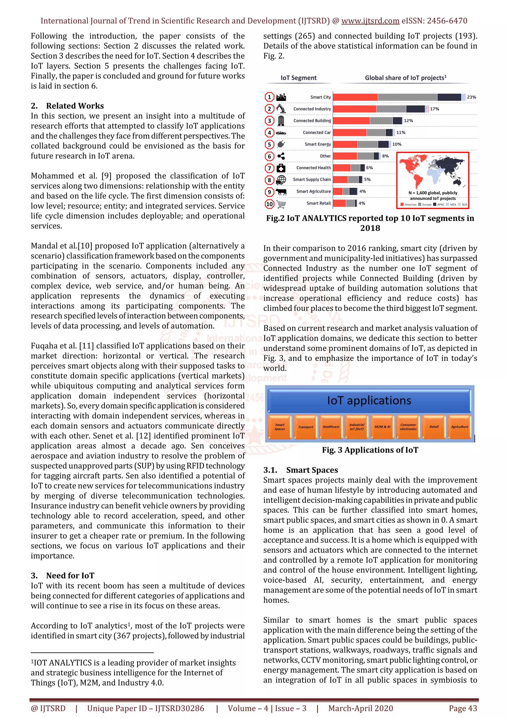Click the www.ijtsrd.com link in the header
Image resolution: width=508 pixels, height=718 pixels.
point(370,21)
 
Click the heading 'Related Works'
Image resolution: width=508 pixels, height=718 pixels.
point(75,106)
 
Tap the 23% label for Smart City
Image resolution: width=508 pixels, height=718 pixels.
point(471,97)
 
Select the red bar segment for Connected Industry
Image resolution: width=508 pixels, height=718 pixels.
point(354,109)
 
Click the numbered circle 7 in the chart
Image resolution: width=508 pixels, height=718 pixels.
point(269,168)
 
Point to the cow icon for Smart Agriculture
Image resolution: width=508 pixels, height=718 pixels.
point(281,192)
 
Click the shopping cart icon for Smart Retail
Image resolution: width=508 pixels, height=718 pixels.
point(281,204)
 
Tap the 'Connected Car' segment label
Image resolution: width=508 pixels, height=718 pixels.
point(317,133)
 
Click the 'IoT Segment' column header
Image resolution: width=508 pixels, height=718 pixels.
point(298,78)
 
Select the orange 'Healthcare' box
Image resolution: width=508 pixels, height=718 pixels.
point(331,427)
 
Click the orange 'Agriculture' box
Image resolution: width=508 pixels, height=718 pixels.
point(459,427)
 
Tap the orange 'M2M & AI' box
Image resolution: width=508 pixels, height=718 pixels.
point(382,427)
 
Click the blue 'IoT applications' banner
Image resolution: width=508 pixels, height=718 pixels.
point(369,401)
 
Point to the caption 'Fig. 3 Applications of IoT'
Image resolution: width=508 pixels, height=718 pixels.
point(370,450)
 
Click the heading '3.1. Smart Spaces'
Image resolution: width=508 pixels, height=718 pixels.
point(300,470)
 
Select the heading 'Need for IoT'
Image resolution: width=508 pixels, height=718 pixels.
point(70,576)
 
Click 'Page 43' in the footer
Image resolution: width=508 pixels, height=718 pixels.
point(463,708)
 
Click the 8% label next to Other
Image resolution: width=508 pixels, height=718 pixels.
point(385,156)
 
